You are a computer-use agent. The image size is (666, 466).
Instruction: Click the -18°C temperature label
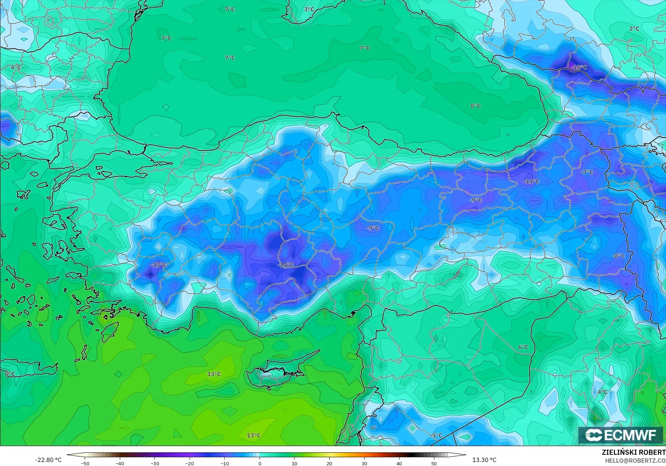[579, 67]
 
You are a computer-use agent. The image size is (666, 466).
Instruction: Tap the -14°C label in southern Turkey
[285, 265]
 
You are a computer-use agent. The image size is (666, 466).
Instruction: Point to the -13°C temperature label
[159, 265]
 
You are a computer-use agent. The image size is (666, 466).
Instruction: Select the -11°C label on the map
[531, 181]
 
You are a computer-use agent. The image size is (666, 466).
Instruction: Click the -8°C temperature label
[618, 256]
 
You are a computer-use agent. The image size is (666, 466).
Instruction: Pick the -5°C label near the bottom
[436, 436]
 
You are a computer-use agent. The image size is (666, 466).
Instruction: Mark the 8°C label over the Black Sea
[476, 106]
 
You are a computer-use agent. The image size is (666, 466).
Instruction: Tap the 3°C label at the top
[309, 9]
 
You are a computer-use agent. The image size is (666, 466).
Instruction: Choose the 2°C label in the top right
[634, 29]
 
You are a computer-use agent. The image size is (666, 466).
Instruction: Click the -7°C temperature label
[587, 172]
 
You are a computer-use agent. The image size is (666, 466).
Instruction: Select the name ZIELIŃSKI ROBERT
[633, 452]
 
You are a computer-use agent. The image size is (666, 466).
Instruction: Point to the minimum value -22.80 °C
[48, 460]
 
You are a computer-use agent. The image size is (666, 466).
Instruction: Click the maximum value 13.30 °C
[484, 460]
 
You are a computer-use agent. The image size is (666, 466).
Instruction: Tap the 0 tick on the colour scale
[260, 463]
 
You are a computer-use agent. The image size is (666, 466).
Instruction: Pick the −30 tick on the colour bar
[155, 463]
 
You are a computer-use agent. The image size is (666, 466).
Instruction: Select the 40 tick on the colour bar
[399, 463]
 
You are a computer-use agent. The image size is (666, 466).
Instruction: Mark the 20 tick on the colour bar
[329, 463]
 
